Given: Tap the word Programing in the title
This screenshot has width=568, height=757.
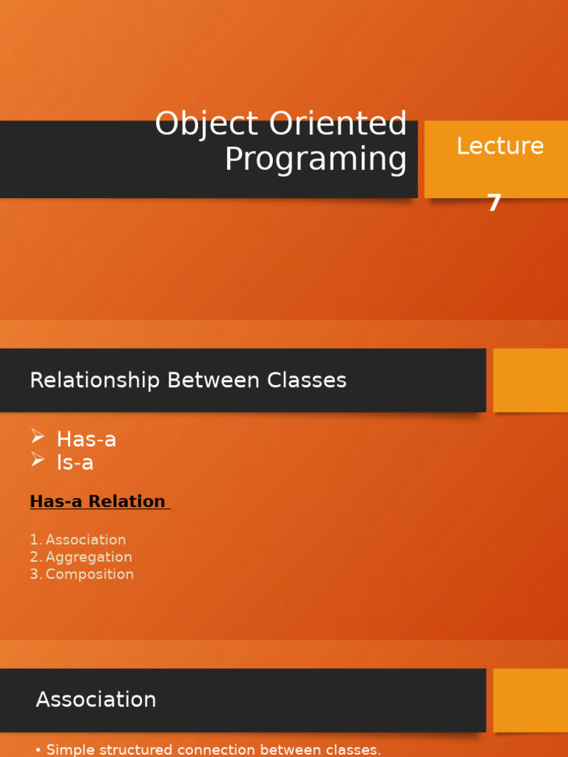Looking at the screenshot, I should (316, 160).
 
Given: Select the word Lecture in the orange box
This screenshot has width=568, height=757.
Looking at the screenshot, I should (500, 146).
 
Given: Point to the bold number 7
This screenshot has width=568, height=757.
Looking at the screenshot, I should (494, 203).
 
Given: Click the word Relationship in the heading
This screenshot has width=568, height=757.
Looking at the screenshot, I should (95, 381).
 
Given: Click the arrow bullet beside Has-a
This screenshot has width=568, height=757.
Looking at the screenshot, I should (38, 438).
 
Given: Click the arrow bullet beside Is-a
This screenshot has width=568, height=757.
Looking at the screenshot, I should (38, 461).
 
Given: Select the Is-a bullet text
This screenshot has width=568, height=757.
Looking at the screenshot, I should (75, 463).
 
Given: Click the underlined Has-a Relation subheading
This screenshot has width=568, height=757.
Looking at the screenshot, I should (98, 501).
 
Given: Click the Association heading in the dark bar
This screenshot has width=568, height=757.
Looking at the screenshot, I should (96, 699).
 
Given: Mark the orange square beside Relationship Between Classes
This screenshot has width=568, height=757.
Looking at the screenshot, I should (530, 380).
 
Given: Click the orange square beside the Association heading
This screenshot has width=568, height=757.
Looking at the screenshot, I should (530, 700).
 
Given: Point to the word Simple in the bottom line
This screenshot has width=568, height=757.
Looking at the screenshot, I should (70, 750).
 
